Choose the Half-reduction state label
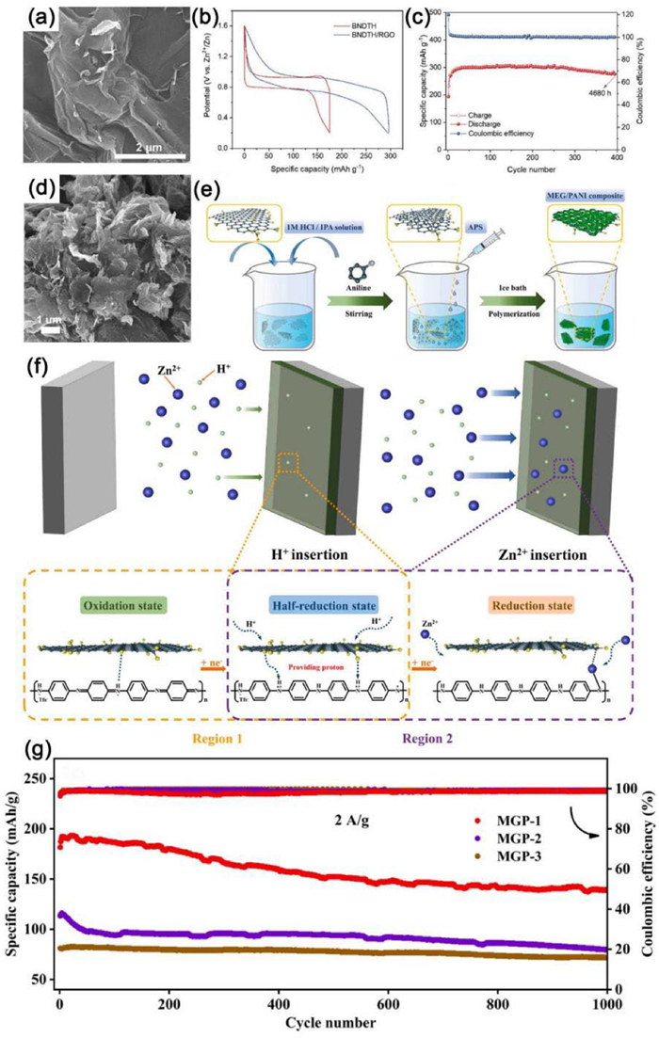tap(319, 599)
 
